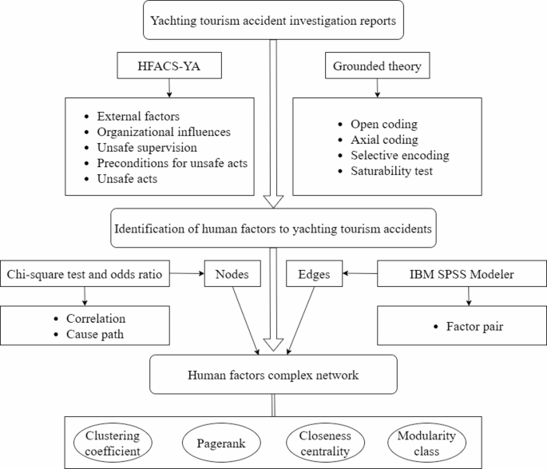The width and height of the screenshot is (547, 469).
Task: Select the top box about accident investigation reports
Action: click(273, 20)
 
